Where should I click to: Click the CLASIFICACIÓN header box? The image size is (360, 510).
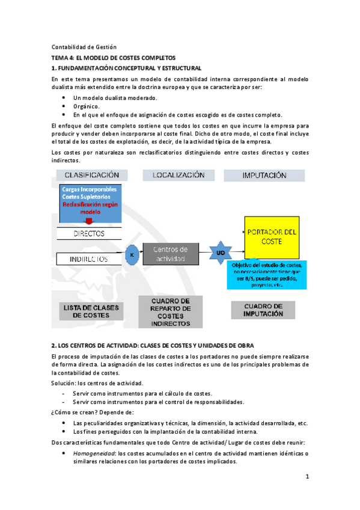coord(92,175)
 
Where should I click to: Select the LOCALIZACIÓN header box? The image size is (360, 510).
coord(178,175)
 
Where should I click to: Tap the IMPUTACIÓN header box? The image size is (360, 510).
coord(264,176)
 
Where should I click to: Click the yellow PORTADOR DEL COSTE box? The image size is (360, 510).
coord(270,236)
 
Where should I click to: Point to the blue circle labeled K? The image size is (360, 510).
coord(131,254)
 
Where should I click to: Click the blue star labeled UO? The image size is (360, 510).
coord(221,253)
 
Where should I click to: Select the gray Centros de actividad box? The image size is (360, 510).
coord(170,254)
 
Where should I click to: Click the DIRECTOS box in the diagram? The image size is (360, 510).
coord(88,233)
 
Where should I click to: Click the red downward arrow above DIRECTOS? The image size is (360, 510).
coord(89,221)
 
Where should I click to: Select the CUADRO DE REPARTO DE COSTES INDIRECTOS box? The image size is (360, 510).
coord(170,313)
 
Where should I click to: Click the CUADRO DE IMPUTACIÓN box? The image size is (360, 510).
coord(264,309)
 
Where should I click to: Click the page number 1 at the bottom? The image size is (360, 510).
coord(306,477)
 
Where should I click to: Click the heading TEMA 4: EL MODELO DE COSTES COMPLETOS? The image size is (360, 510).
coord(112,58)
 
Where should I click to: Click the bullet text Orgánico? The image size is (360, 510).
coord(86,106)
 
